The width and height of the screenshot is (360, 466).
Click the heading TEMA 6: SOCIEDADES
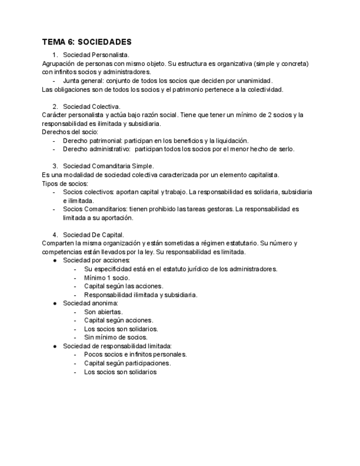coord(86,42)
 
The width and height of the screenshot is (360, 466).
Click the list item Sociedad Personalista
coord(96,54)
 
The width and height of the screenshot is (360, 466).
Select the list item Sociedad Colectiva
coord(92,106)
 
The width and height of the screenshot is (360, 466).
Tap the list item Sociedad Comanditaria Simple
coord(108,166)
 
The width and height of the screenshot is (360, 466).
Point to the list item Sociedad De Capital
coord(93,235)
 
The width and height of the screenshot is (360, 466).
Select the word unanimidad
coord(253,80)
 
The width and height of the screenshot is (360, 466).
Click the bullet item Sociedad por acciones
coord(96,260)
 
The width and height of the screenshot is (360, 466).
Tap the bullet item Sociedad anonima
coord(90,303)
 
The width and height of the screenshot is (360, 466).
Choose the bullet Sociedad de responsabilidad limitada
coord(117,346)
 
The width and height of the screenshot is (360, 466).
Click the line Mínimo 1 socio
coord(107,278)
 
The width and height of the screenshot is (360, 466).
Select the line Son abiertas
coord(103,312)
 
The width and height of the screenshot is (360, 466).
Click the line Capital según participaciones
coord(127,363)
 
